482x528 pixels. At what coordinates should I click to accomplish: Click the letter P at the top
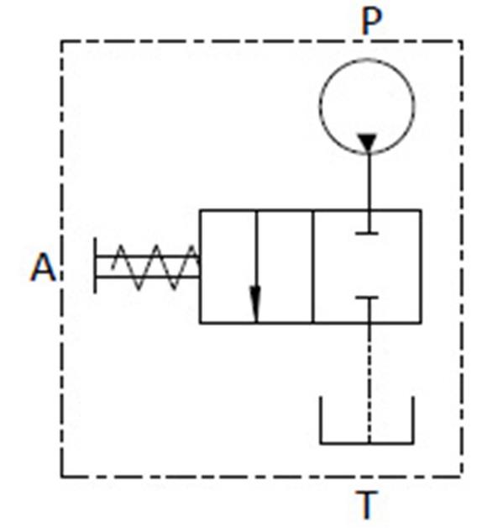click(371, 21)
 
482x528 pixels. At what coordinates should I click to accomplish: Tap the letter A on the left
click(43, 267)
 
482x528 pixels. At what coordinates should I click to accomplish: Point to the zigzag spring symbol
click(155, 267)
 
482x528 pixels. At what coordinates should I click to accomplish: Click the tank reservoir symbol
click(367, 443)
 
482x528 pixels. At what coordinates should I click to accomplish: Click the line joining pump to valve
click(369, 182)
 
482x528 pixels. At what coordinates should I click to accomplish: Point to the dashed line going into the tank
click(369, 383)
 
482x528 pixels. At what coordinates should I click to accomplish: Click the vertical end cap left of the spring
click(96, 266)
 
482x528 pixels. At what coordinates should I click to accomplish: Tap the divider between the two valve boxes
click(313, 267)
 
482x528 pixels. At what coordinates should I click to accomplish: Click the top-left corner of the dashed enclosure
click(61, 41)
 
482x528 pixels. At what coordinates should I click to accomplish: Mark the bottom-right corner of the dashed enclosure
click(462, 476)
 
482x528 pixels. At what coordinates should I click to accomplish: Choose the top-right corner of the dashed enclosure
click(462, 41)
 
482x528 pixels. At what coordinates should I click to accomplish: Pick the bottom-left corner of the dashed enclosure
click(61, 476)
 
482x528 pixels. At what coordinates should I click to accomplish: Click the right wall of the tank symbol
click(412, 420)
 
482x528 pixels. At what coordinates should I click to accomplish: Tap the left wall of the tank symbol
click(322, 420)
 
